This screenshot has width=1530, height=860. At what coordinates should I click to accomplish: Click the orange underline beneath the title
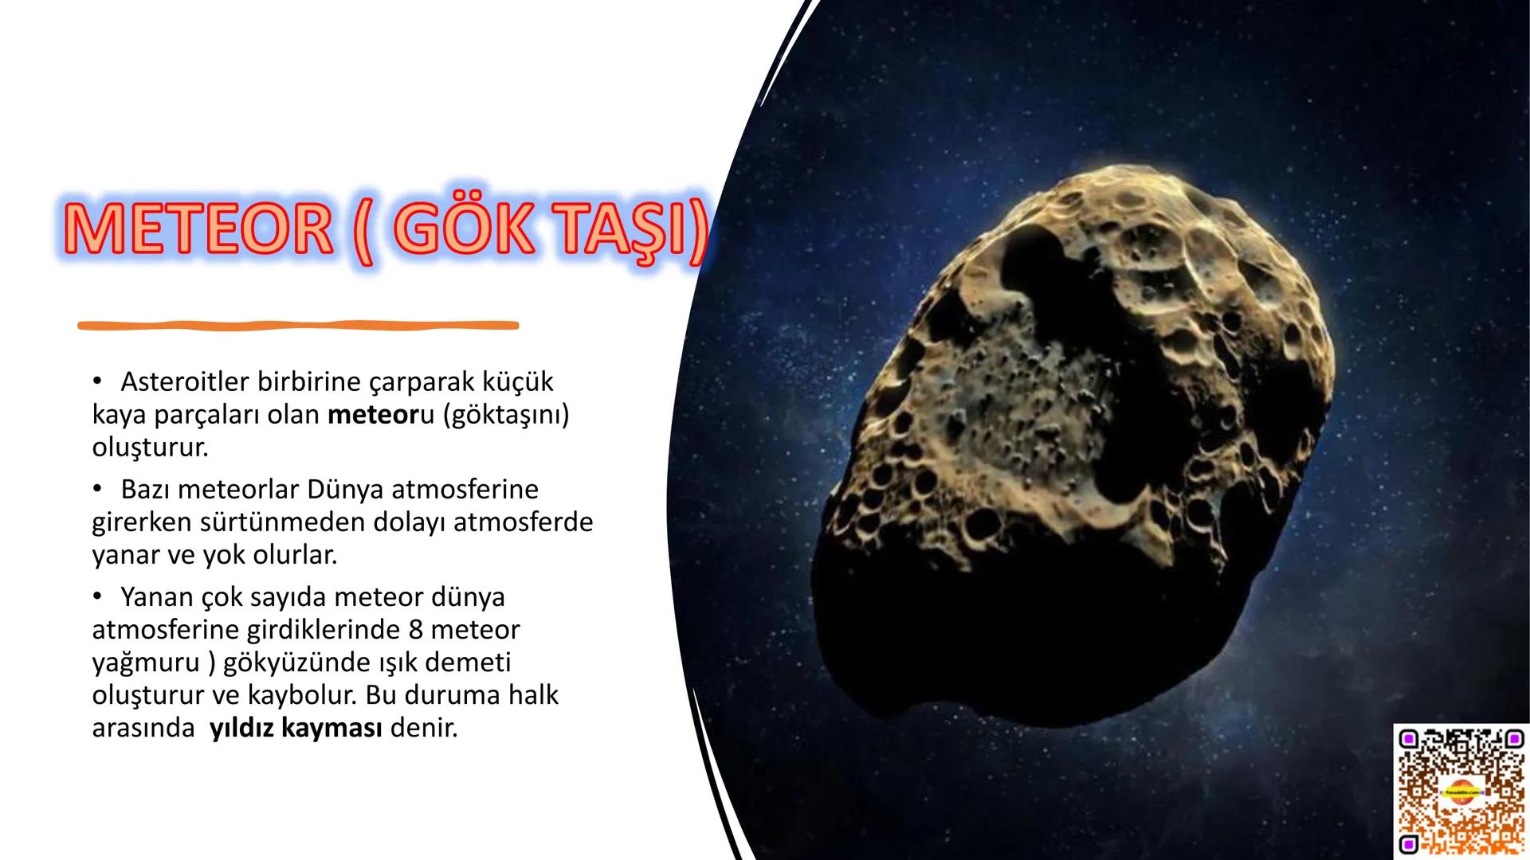pos(298,325)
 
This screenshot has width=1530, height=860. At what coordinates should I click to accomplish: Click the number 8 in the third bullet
pos(414,630)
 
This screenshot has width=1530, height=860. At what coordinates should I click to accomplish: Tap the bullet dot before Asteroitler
pos(98,382)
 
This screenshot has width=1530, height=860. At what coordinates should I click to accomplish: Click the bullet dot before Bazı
pos(98,489)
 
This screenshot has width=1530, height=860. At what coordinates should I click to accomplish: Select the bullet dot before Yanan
pos(98,597)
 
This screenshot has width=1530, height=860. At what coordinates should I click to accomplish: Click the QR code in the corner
pos(1461,792)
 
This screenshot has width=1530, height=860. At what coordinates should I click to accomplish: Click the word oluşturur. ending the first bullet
pos(150,448)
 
